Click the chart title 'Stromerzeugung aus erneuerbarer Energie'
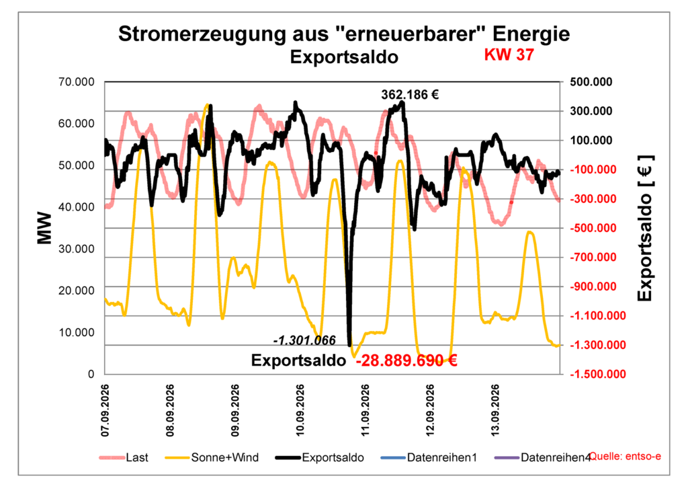[344, 34]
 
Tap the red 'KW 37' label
[509, 54]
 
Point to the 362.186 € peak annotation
[410, 94]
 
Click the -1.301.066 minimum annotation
[304, 340]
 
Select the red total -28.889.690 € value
[406, 361]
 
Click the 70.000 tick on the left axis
[77, 82]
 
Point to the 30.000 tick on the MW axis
[77, 249]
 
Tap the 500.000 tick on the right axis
[591, 82]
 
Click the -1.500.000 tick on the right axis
[597, 374]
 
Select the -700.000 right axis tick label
[593, 258]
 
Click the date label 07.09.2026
[105, 410]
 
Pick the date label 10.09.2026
[300, 410]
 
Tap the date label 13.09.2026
[495, 410]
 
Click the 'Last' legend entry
[124, 457]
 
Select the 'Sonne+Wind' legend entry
[212, 457]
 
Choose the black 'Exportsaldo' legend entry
[320, 457]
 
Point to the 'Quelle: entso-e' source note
[626, 456]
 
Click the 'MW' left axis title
[44, 228]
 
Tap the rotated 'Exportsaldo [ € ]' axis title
[645, 228]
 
